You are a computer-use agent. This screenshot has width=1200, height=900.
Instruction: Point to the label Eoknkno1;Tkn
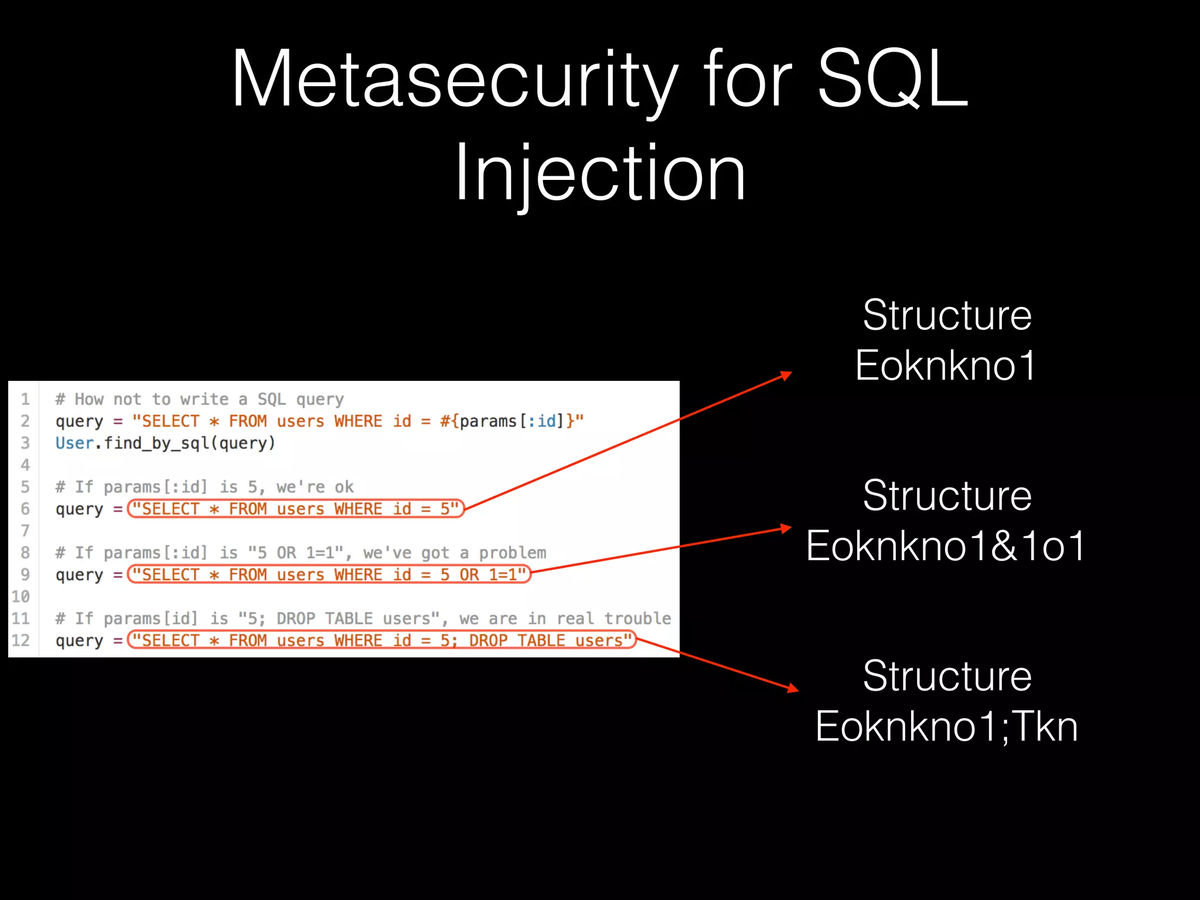coord(946,727)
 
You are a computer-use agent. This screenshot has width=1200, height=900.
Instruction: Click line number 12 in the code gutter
coord(21,640)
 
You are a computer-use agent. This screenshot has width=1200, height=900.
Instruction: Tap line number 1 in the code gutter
coord(25,400)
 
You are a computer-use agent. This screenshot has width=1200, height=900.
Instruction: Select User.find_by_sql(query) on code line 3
coord(165,444)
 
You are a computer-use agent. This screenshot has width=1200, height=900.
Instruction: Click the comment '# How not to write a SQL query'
coord(199,400)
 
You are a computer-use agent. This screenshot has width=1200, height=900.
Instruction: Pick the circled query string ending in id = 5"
coord(295,509)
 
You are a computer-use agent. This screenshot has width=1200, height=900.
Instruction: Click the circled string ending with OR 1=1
coord(329,575)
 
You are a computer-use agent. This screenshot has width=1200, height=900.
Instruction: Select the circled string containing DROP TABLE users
coord(381,640)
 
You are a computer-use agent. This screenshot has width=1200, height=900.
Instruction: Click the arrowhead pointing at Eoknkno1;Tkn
coord(793,688)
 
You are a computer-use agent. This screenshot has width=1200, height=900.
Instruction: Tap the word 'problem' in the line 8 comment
coord(512,553)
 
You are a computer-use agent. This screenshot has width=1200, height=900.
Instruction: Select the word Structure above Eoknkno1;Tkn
coord(947,676)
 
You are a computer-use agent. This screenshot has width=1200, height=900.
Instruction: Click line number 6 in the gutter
coord(25,509)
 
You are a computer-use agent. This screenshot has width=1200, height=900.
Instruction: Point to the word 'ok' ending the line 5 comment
coord(344,487)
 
